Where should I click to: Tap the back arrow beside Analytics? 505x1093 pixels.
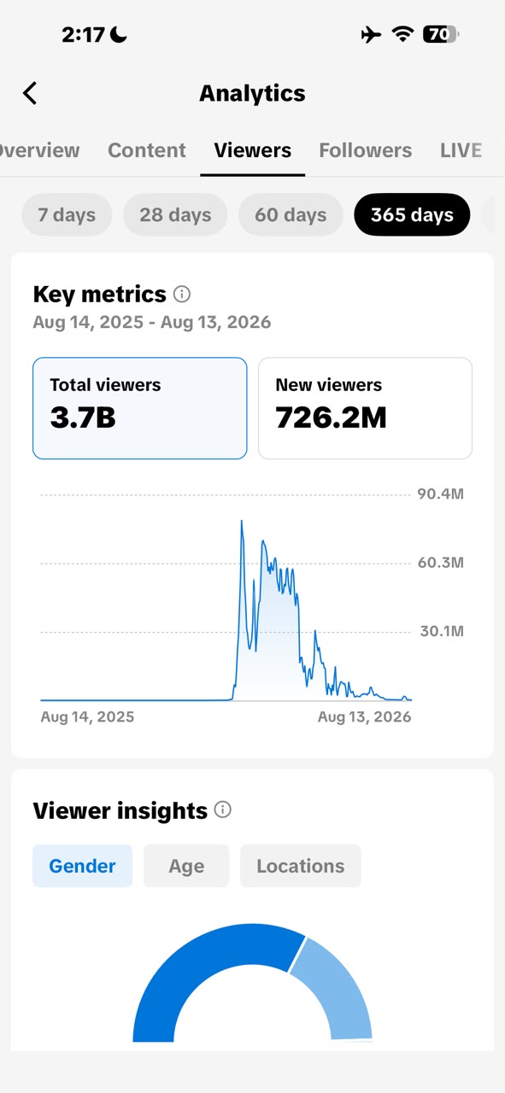pyautogui.click(x=30, y=93)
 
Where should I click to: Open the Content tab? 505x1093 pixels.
pyautogui.click(x=146, y=150)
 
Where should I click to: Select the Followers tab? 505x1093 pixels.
pyautogui.click(x=366, y=150)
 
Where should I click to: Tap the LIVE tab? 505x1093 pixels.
pyautogui.click(x=461, y=150)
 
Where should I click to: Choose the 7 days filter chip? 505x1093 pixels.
pyautogui.click(x=67, y=214)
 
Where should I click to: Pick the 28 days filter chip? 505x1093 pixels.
pyautogui.click(x=175, y=214)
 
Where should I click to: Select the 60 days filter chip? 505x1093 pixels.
pyautogui.click(x=291, y=214)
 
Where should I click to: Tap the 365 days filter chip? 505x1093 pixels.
pyautogui.click(x=412, y=214)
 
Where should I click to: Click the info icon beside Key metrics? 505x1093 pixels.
pyautogui.click(x=182, y=295)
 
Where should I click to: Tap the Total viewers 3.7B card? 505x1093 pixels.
pyautogui.click(x=139, y=408)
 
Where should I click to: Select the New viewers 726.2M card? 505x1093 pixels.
pyautogui.click(x=366, y=408)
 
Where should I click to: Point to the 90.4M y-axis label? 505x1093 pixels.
pyautogui.click(x=441, y=494)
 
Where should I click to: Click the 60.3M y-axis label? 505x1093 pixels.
pyautogui.click(x=441, y=563)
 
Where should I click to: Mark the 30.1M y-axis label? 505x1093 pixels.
pyautogui.click(x=442, y=631)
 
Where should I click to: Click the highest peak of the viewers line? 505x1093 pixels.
pyautogui.click(x=241, y=521)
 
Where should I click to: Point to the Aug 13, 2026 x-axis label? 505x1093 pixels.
pyautogui.click(x=364, y=716)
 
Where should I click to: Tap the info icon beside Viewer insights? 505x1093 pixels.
pyautogui.click(x=223, y=810)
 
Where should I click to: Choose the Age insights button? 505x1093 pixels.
pyautogui.click(x=186, y=866)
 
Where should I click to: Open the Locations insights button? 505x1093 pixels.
pyautogui.click(x=301, y=866)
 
